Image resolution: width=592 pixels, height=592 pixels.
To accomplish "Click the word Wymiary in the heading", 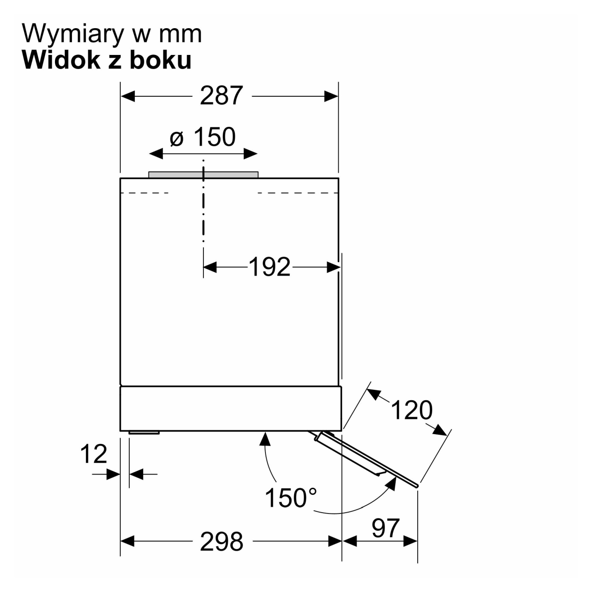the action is (x=73, y=34).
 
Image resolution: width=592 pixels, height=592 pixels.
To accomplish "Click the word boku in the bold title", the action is (x=160, y=60).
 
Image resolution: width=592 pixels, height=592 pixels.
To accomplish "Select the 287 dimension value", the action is (x=221, y=95).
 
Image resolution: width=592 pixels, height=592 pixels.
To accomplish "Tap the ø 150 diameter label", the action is (x=203, y=137).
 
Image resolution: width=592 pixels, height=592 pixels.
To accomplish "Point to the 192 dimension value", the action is (x=269, y=267).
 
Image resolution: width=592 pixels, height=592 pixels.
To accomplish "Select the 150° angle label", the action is (x=291, y=498).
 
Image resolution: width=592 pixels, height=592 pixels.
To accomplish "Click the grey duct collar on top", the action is (x=203, y=174).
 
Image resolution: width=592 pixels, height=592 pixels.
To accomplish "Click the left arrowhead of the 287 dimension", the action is (x=128, y=96).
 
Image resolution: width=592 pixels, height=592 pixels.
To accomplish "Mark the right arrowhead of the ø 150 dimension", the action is (x=250, y=154).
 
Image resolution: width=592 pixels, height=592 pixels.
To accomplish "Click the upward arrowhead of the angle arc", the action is (x=265, y=439).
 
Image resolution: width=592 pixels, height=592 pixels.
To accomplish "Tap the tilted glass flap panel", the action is (x=366, y=458).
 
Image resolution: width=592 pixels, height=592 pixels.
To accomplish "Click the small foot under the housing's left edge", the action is (x=144, y=433).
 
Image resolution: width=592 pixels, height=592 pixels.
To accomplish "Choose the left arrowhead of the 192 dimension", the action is (x=210, y=267).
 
